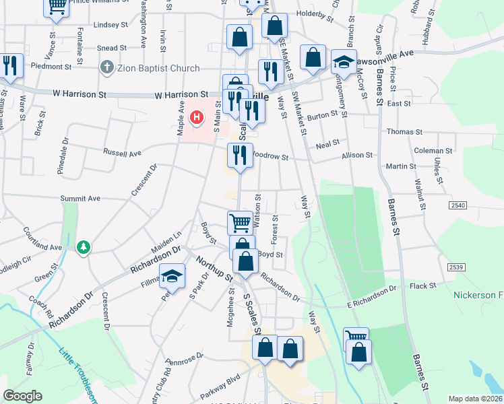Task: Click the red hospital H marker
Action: point(196,119)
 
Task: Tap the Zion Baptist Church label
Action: point(158,68)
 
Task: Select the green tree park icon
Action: point(84,248)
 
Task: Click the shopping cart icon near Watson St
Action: point(239,222)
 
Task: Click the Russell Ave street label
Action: point(122,153)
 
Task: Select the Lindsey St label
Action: point(111,25)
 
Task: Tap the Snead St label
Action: point(112,48)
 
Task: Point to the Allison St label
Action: point(357,156)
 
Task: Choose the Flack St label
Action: point(423,285)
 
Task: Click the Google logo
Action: point(23,396)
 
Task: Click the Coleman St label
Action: point(433,151)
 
